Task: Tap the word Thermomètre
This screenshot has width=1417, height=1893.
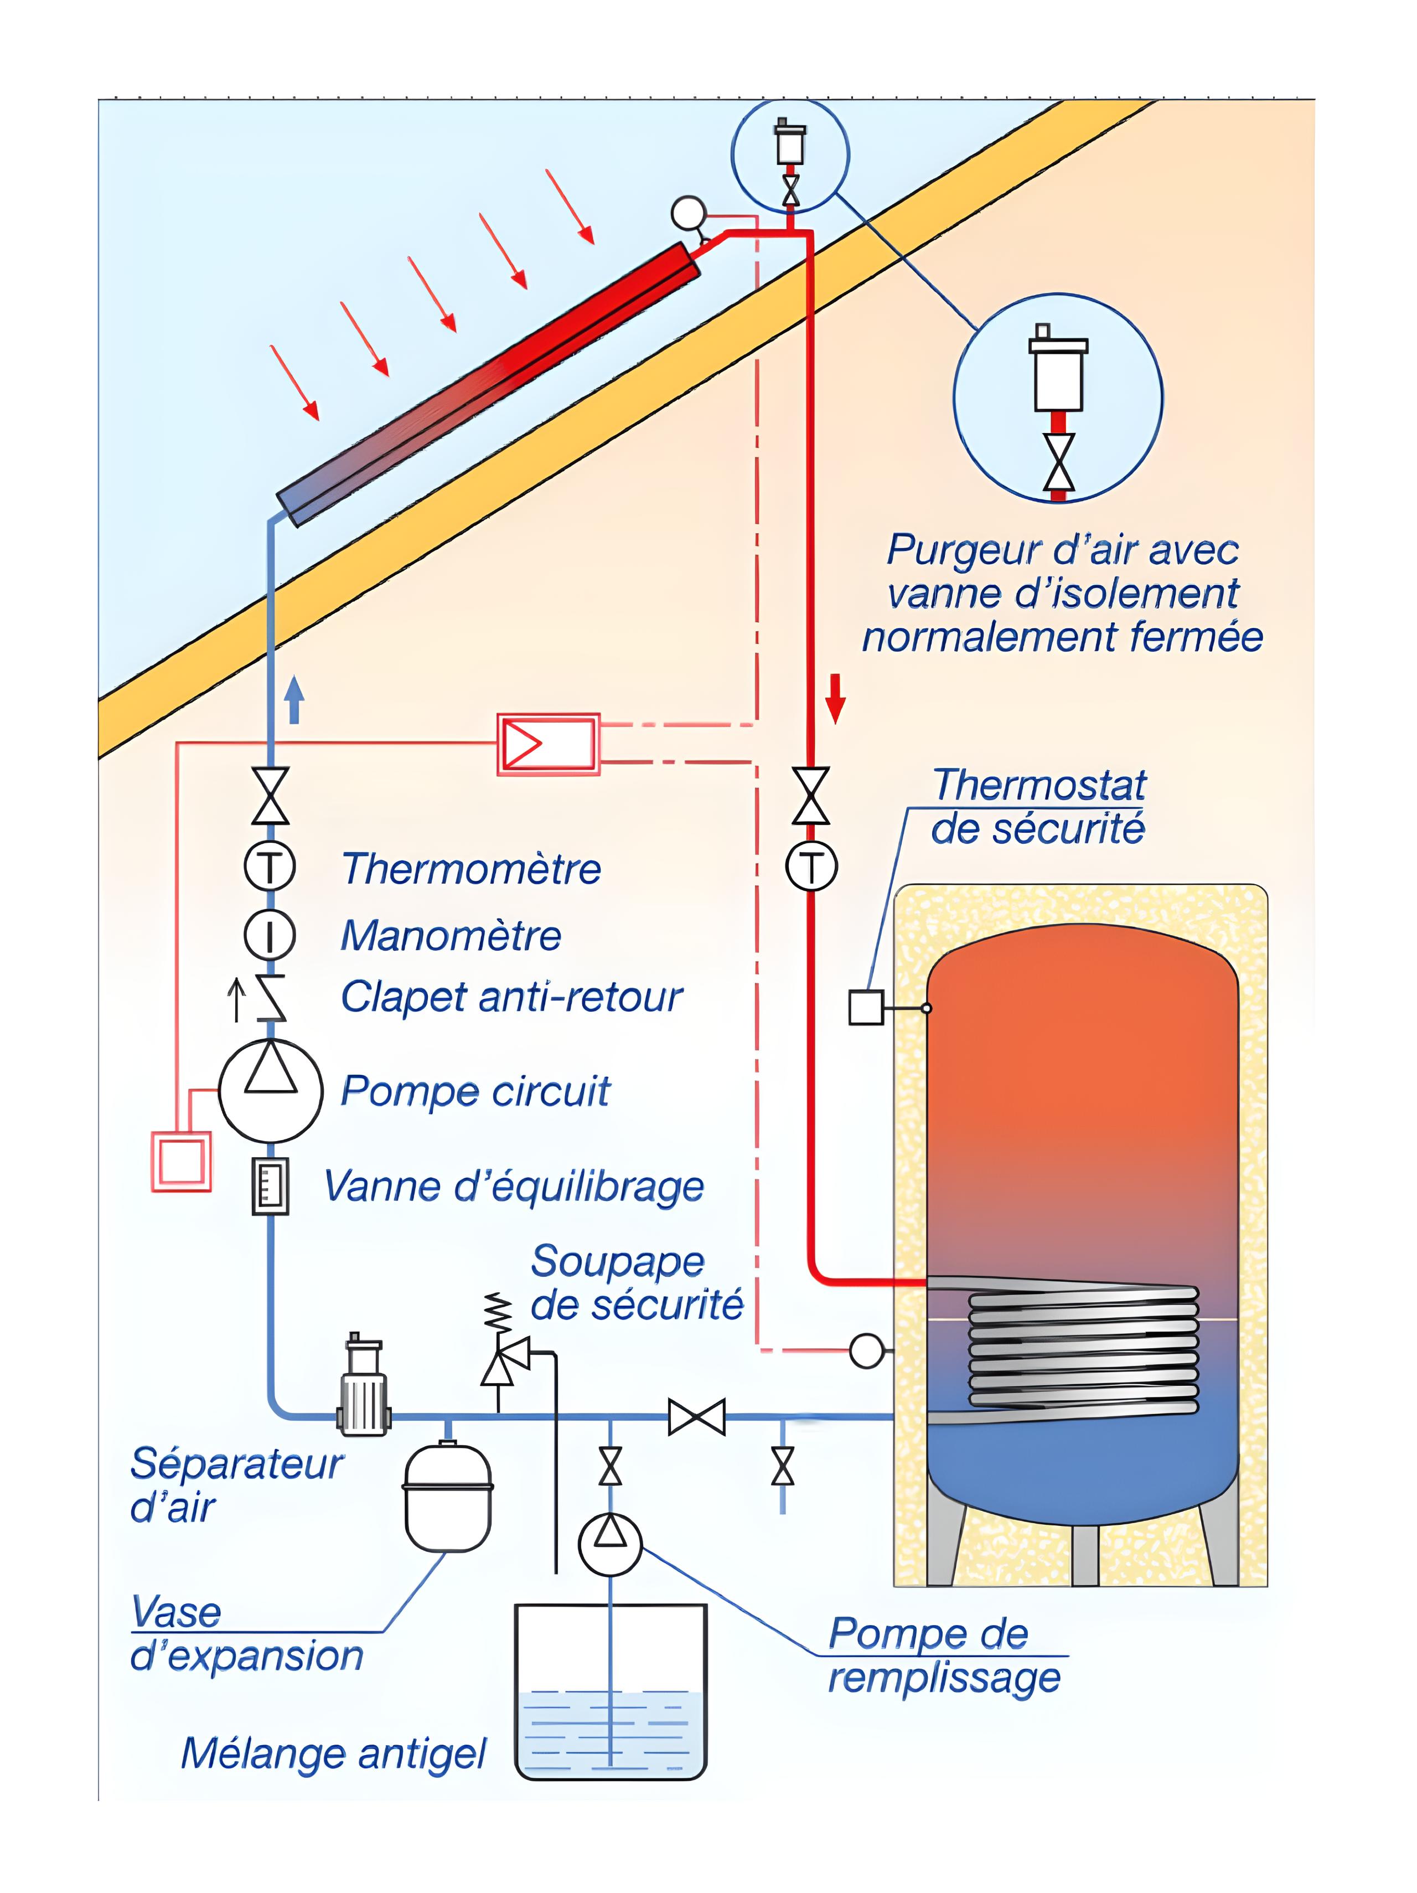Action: point(470,869)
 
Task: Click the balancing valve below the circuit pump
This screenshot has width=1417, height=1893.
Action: point(271,1186)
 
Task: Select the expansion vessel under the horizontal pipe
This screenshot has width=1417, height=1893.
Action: point(448,1498)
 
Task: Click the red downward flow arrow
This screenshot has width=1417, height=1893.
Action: point(835,698)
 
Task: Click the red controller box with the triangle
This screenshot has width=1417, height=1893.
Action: point(547,744)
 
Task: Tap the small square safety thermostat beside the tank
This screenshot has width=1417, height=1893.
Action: point(865,1007)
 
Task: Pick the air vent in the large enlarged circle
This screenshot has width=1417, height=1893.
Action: point(1058,374)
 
